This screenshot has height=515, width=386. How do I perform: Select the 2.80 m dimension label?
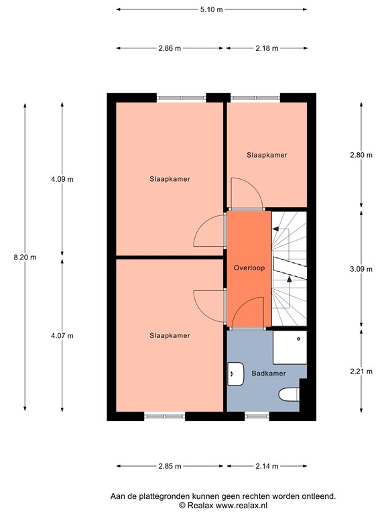click(361, 155)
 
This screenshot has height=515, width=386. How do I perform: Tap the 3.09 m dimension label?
click(361, 269)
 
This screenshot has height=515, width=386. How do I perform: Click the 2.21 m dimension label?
click(361, 371)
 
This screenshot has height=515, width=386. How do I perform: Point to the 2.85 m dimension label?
click(171, 466)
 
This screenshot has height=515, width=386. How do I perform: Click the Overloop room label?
click(249, 268)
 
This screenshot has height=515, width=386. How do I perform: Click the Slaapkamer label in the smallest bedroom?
click(267, 155)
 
